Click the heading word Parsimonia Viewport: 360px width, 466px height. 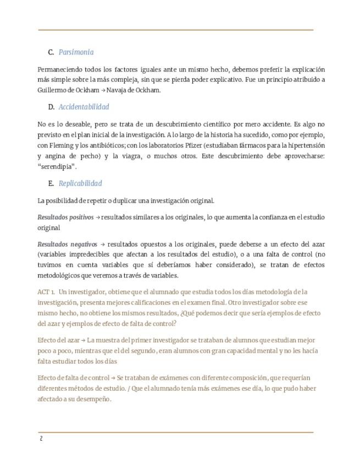76,52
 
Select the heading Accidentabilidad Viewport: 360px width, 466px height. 84,107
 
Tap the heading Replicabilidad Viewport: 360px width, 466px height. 80,183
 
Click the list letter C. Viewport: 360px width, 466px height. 51,52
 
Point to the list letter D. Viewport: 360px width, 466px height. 51,107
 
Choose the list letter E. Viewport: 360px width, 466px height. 51,183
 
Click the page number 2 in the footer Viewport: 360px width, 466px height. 41,439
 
